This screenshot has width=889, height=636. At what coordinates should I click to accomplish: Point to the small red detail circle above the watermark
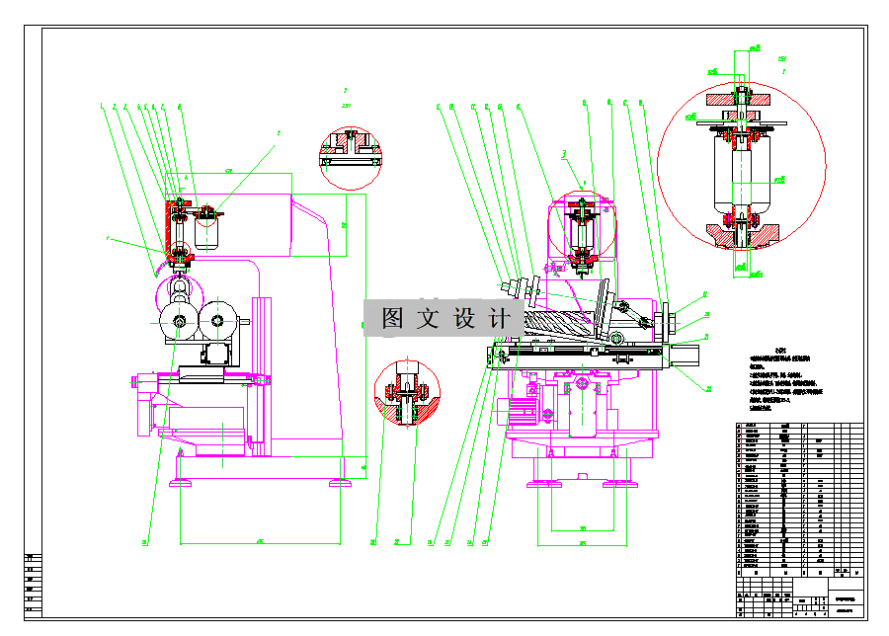350,158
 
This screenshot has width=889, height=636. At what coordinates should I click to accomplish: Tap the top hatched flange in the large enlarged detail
740,100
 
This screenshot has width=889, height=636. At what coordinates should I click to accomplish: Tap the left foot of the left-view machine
181,482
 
